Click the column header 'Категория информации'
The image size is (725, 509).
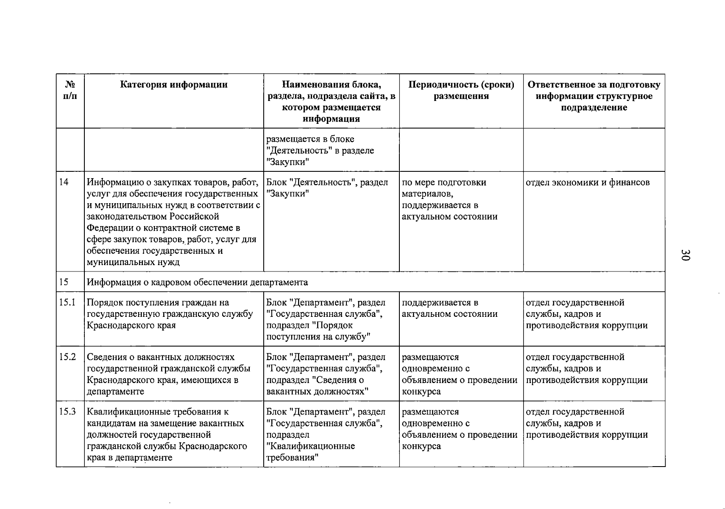(174, 85)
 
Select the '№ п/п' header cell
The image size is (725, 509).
(70, 90)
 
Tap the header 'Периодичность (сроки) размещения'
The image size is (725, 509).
(461, 90)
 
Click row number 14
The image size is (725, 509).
(64, 182)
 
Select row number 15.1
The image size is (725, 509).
(67, 303)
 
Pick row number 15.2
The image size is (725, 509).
(67, 357)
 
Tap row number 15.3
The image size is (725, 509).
(67, 412)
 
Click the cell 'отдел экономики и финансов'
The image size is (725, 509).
(588, 183)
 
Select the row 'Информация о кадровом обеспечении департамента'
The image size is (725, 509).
(198, 282)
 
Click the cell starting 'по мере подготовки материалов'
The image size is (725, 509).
(449, 199)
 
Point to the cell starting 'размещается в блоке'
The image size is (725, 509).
(320, 150)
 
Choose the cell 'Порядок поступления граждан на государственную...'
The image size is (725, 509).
(170, 314)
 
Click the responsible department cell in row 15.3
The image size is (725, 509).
(587, 423)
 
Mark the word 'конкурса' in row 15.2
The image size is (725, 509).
(421, 392)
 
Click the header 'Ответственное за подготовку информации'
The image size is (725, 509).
(594, 96)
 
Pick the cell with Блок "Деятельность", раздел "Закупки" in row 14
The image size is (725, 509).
(327, 188)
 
